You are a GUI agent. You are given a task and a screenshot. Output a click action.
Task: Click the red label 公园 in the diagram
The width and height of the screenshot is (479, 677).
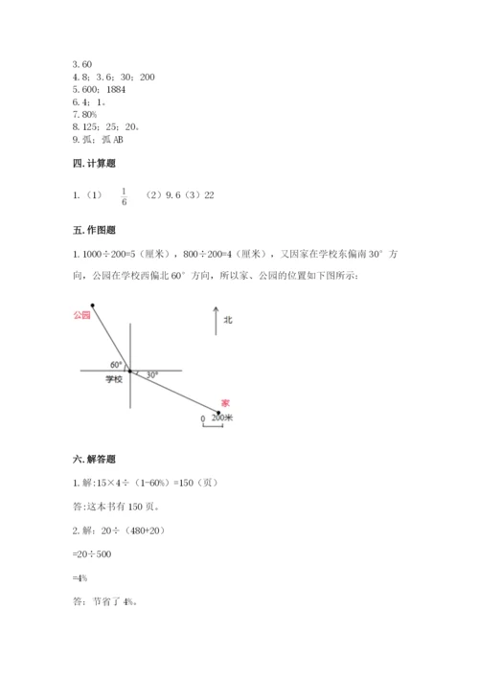[80, 314]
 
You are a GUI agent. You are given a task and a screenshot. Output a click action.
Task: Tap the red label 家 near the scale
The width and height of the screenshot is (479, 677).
[225, 402]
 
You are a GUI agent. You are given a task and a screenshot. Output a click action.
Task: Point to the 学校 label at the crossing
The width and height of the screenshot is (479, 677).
[114, 380]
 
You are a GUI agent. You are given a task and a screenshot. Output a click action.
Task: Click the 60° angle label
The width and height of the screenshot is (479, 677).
[115, 365]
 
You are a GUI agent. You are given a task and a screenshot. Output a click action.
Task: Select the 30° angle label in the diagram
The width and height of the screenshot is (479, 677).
[151, 374]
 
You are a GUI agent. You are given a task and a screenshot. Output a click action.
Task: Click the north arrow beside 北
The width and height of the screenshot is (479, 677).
[214, 322]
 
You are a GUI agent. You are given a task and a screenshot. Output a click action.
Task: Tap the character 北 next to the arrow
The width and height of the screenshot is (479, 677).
[227, 321]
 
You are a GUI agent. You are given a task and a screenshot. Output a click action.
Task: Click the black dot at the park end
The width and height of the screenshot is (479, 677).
[92, 305]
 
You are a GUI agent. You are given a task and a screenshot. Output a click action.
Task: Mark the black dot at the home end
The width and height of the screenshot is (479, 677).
[219, 413]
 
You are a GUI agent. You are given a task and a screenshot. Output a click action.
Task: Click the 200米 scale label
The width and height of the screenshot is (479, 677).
[221, 418]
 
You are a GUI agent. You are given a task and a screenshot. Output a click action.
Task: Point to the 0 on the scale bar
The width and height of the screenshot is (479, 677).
[202, 419]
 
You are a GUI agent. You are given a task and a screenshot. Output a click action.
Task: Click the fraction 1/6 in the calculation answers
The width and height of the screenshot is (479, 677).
[124, 196]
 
